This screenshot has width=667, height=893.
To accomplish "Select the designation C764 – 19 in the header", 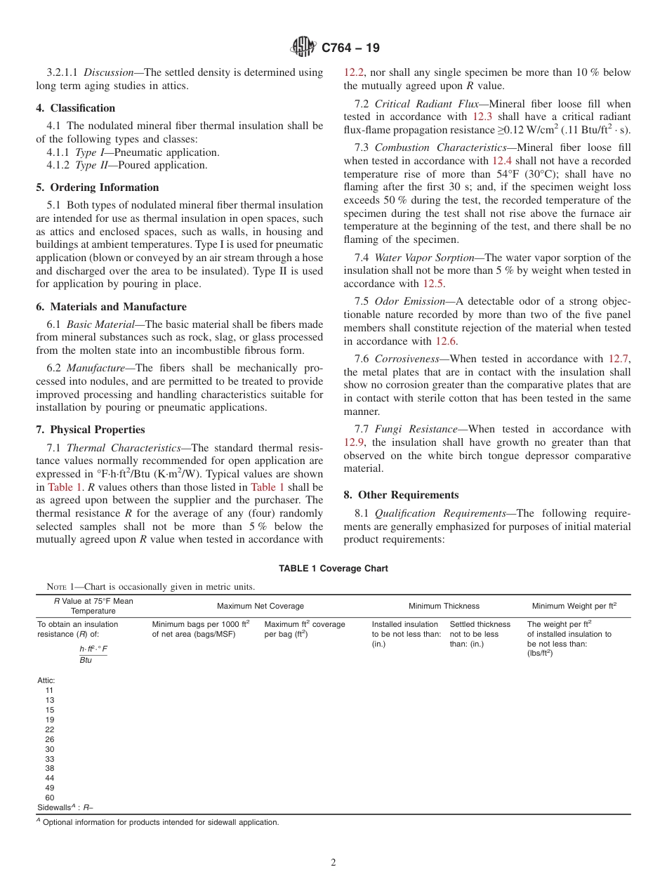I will (350, 48).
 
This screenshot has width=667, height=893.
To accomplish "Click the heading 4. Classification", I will (76, 108).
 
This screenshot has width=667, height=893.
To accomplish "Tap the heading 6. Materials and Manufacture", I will (111, 307).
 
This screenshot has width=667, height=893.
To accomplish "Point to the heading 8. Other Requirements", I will (401, 495).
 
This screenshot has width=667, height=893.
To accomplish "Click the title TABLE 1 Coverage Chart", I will (333, 569).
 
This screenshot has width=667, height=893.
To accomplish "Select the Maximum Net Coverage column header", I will (260, 606).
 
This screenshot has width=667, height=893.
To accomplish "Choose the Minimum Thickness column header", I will (444, 606).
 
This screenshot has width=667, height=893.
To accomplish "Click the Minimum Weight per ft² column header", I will (573, 606).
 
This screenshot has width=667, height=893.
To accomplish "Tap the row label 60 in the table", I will (49, 798).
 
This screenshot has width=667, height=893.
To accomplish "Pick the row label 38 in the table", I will (49, 768).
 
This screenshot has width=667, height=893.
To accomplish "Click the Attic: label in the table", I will (46, 680).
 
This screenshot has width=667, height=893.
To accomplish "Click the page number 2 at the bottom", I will (333, 863).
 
